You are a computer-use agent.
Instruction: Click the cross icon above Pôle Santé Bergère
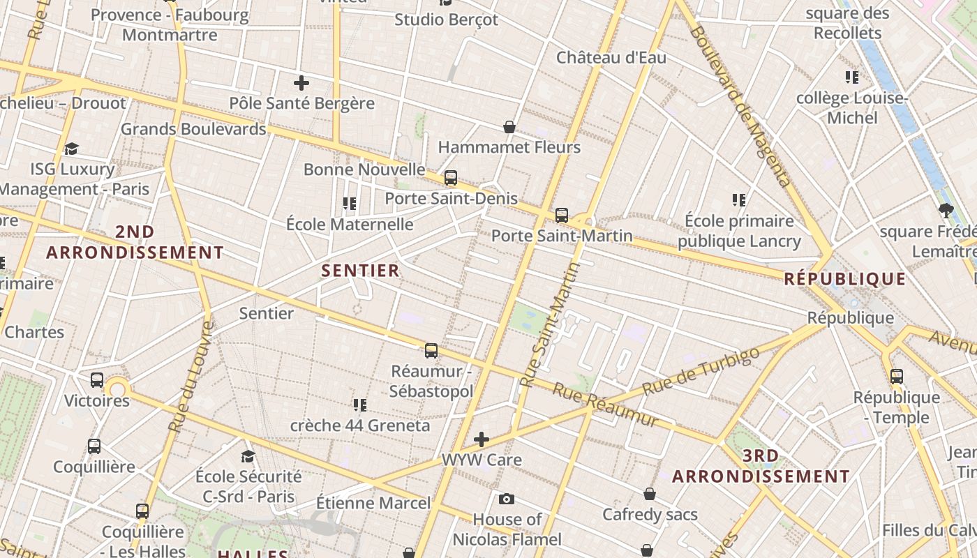[x=301, y=84]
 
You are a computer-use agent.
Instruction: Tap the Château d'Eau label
[x=611, y=58]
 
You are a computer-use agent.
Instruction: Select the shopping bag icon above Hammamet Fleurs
[x=509, y=127]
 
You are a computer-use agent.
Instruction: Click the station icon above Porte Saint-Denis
[x=451, y=178]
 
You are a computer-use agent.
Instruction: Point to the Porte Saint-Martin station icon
[x=562, y=216]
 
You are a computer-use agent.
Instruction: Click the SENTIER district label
[x=360, y=271]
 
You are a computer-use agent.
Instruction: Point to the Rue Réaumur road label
[x=605, y=405]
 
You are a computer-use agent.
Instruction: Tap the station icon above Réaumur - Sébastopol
[x=431, y=351]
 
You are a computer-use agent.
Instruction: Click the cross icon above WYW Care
[x=482, y=439]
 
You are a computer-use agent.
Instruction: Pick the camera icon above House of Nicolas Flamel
[x=507, y=499]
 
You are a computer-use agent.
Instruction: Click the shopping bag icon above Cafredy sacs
[x=650, y=494]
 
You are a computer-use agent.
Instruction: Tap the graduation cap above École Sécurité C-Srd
[x=248, y=456]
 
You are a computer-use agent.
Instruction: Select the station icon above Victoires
[x=97, y=380]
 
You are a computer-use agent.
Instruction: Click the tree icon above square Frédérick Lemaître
[x=946, y=210]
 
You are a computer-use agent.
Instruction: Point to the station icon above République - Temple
[x=897, y=377]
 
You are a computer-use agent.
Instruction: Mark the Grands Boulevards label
[x=193, y=129]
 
